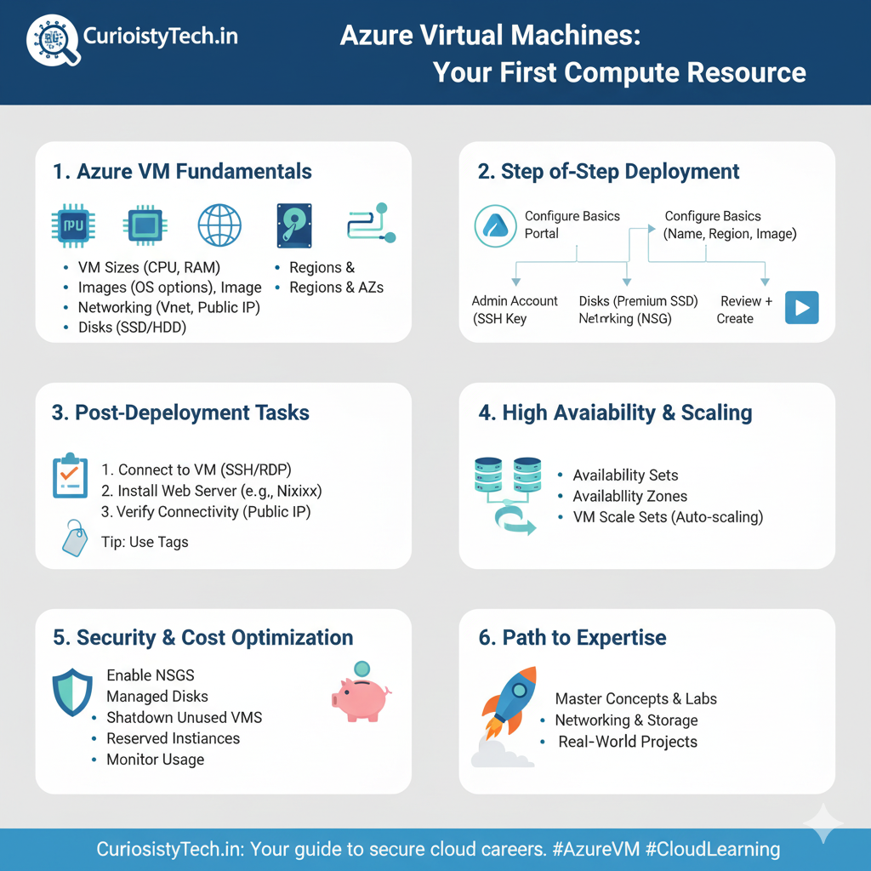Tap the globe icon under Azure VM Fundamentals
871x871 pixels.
219,225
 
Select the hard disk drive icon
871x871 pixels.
294,225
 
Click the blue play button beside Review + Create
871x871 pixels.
801,307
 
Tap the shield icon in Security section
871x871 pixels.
72,692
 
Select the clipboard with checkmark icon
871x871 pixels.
70,475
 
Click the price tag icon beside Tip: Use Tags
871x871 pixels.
75,538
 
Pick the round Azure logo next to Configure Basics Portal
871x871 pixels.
496,225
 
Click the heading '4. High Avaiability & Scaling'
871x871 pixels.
616,413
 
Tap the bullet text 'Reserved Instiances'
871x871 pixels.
174,738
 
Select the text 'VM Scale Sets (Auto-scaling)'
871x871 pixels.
669,517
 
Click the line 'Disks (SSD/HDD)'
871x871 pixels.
132,327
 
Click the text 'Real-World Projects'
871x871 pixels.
628,742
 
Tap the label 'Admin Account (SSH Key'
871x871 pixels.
515,310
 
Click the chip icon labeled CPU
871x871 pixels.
73,225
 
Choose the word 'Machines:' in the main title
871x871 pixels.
576,35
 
